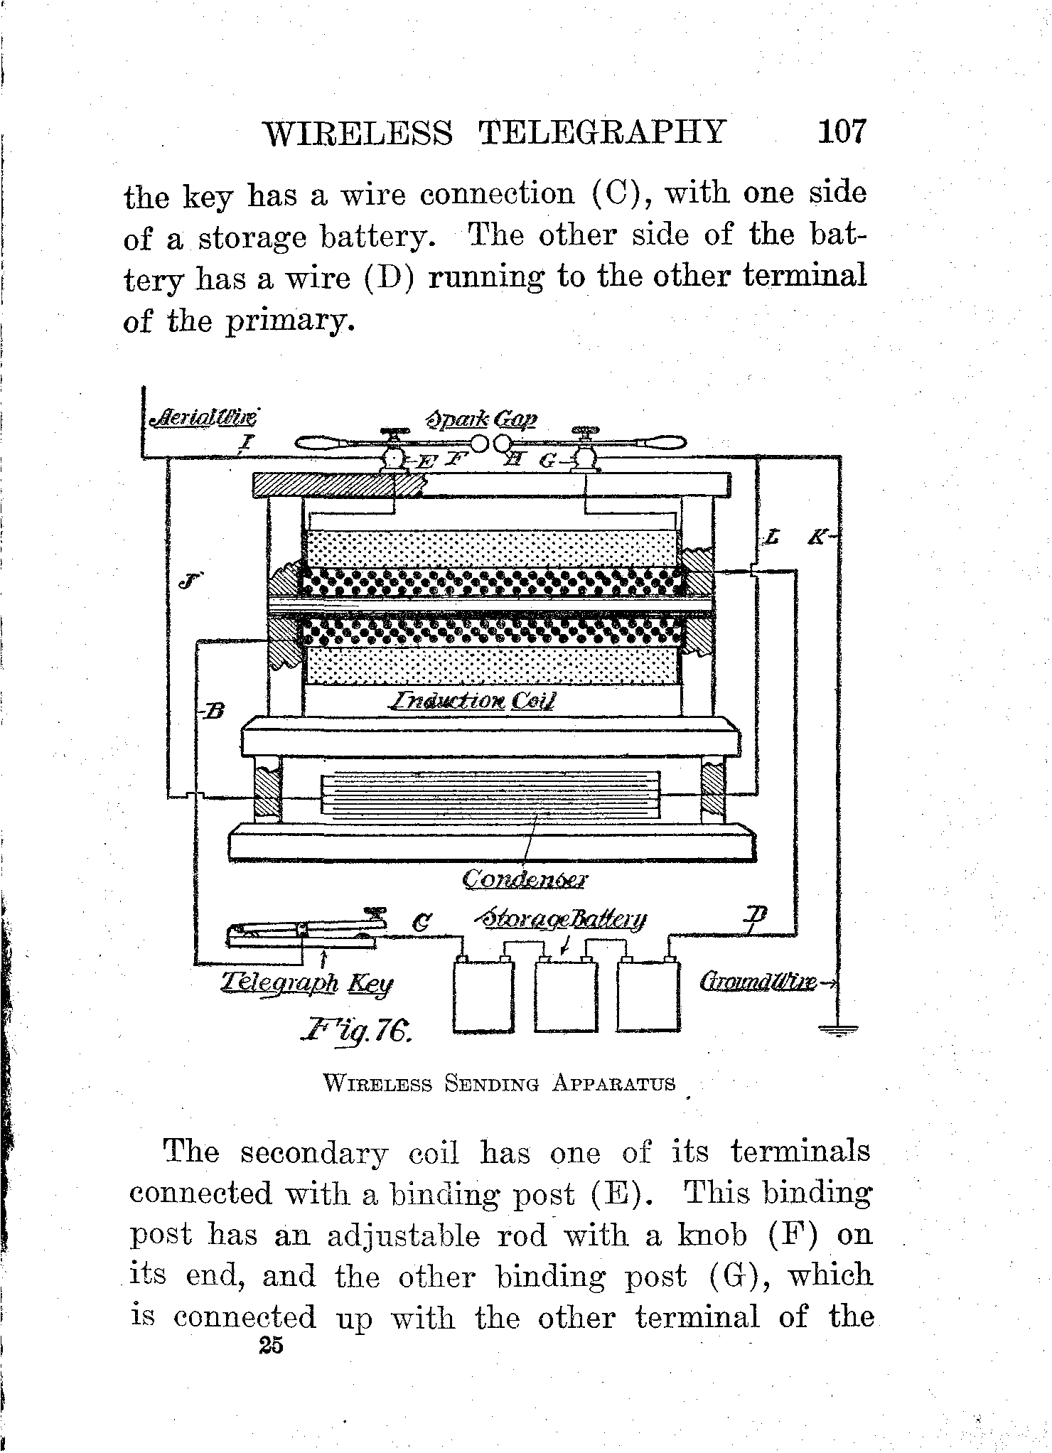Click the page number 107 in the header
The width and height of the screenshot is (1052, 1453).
(x=843, y=132)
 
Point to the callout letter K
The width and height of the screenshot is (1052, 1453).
(x=819, y=539)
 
